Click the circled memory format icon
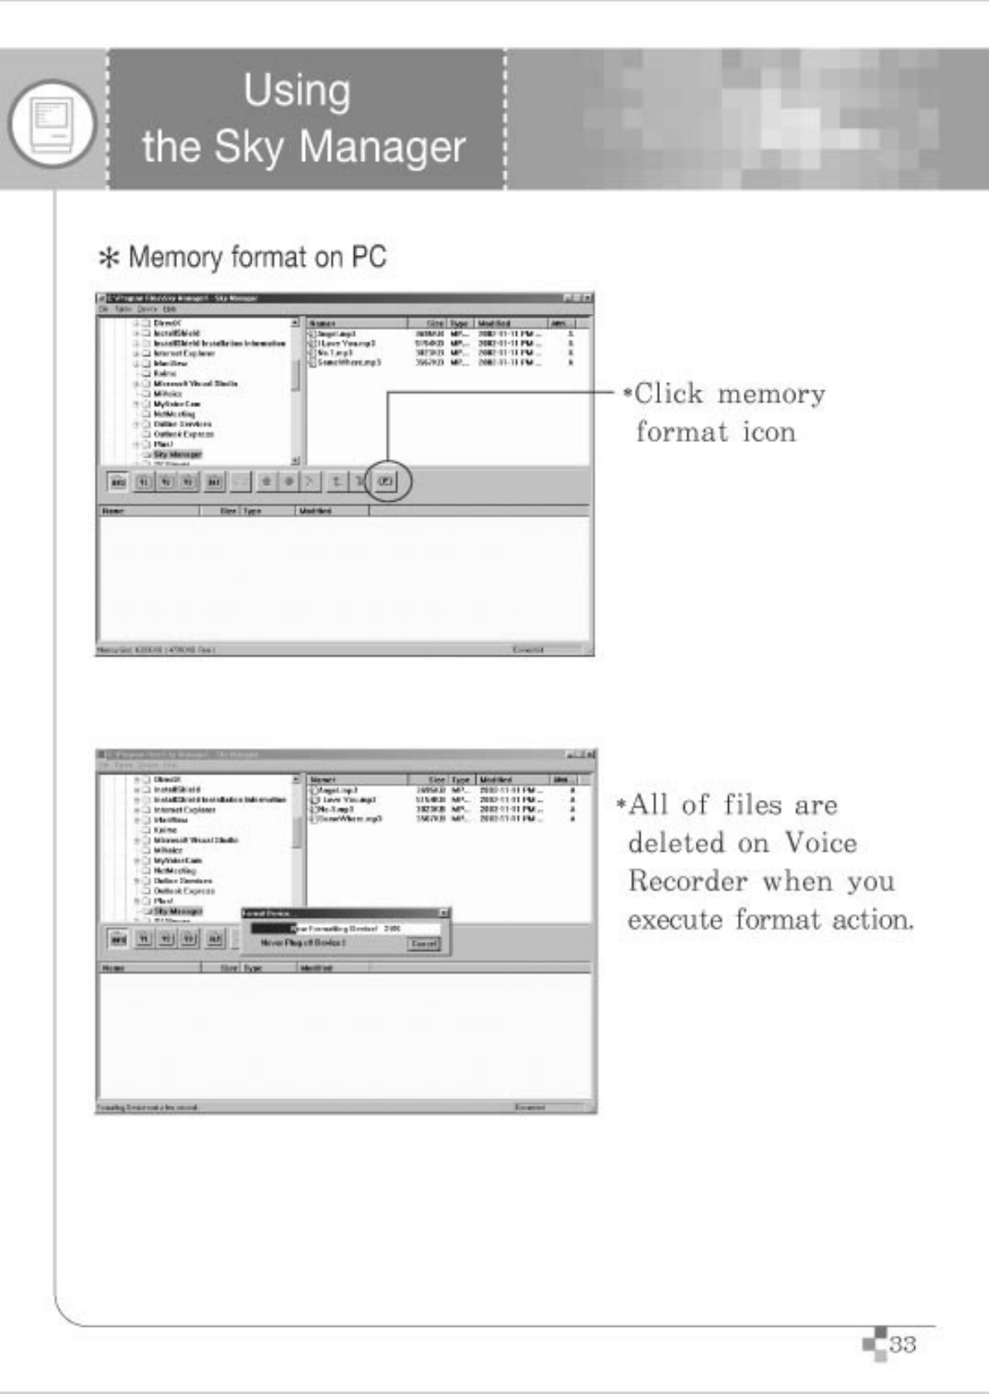coord(386,481)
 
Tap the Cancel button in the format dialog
coord(424,945)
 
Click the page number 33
coord(903,1343)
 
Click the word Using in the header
coord(297,91)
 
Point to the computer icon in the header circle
coord(52,124)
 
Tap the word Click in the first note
coord(668,394)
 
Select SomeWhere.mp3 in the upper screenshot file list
coord(349,363)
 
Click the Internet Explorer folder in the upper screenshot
coord(184,353)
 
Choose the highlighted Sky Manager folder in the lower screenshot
coord(177,911)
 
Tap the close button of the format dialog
coord(445,913)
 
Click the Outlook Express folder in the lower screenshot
coord(184,891)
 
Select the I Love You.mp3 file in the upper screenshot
coord(347,343)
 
